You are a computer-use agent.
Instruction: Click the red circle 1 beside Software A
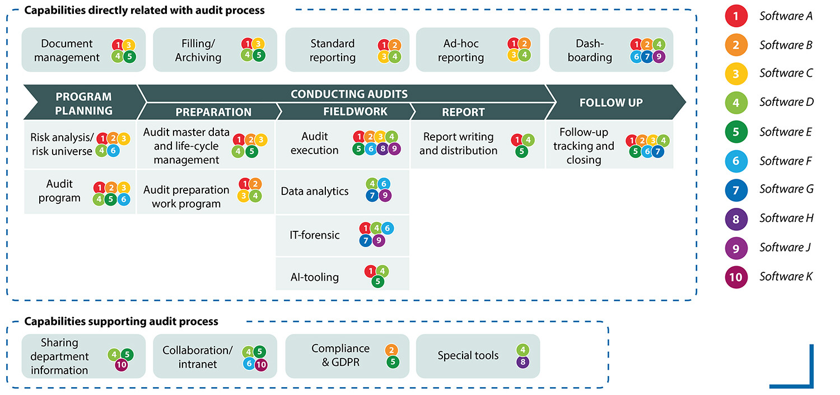736,16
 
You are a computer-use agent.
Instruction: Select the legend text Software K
786,276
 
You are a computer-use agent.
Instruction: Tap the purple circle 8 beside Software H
736,218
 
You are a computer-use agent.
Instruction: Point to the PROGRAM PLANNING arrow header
83,103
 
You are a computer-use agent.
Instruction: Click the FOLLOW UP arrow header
611,103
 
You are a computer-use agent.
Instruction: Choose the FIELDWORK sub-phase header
355,111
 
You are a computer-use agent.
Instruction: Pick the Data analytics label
315,191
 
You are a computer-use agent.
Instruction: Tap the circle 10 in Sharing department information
120,365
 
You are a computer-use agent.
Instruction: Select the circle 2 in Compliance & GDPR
392,350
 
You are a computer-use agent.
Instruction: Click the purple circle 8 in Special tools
522,362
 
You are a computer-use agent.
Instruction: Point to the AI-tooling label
314,277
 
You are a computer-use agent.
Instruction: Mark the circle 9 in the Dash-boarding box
659,56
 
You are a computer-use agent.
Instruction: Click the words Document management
67,50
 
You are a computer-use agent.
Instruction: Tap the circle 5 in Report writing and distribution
522,151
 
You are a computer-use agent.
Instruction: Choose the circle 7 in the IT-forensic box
366,240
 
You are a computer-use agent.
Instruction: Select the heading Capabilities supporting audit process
121,322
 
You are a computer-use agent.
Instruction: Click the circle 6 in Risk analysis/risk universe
113,150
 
